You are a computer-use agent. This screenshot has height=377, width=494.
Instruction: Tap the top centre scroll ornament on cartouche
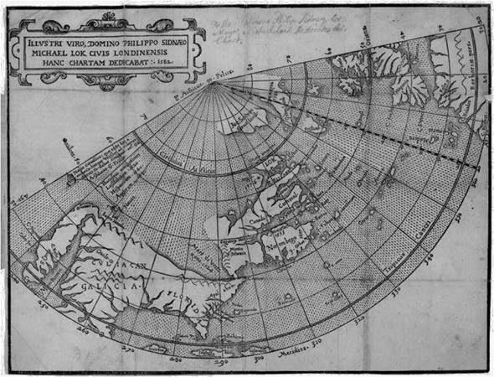pyautogui.click(x=106, y=18)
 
